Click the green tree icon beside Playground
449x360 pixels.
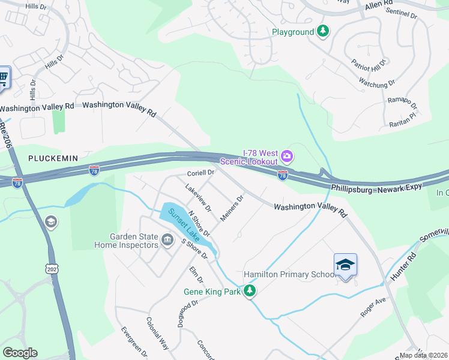coord(323,31)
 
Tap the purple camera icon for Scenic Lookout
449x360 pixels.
coord(288,157)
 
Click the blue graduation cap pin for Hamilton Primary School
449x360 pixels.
coord(345,265)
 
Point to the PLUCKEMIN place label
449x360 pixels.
coord(53,158)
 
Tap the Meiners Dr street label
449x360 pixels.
coord(231,208)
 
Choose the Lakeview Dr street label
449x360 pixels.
coord(199,199)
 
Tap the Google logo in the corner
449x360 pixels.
coord(20,353)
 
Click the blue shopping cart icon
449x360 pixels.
coord(4,77)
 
